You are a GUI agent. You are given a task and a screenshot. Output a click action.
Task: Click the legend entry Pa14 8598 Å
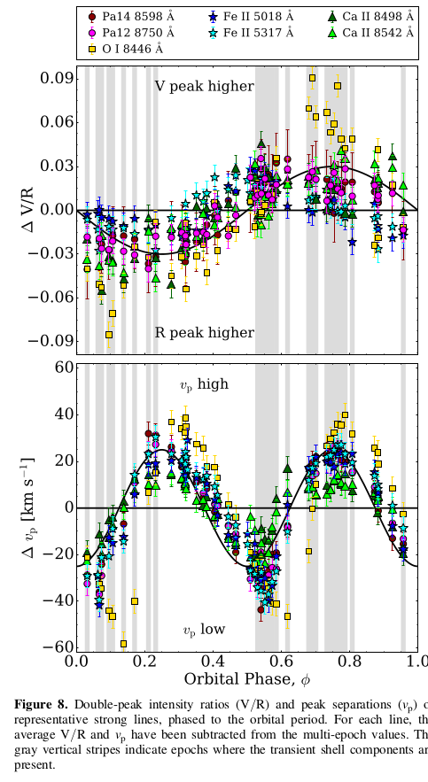tap(127, 15)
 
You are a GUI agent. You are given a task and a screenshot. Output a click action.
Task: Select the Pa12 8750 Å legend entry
tap(127, 32)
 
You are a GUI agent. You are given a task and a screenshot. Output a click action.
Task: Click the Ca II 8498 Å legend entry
tap(372, 15)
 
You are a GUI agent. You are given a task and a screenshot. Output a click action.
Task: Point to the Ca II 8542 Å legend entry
tap(372, 32)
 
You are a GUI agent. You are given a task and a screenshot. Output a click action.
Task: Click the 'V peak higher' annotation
tap(205, 87)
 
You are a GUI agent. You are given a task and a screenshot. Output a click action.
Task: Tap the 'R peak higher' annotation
tap(205, 333)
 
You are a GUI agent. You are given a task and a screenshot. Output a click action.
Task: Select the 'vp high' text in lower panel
tap(205, 383)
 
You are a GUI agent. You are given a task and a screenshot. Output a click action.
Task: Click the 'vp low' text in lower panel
tap(205, 630)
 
